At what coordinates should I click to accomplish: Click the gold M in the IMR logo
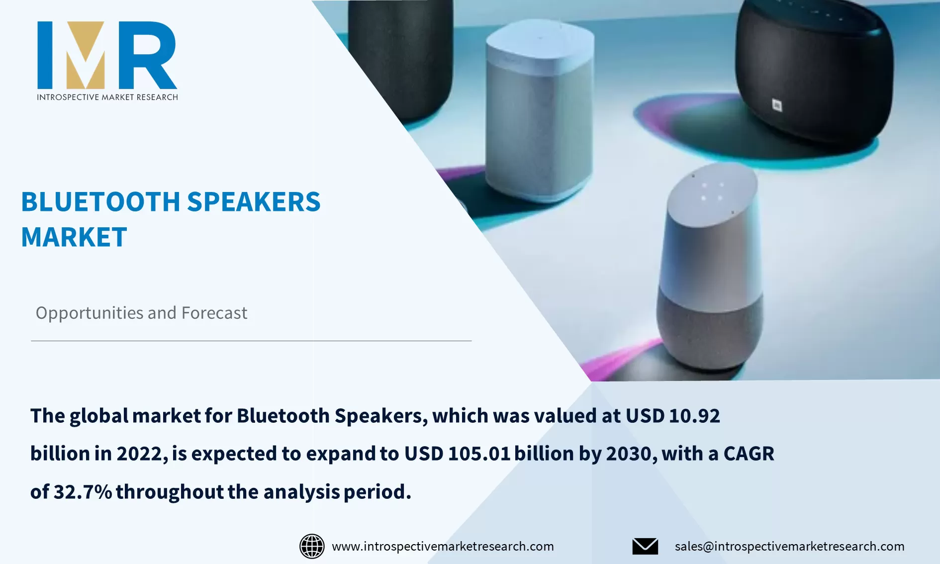coord(86,56)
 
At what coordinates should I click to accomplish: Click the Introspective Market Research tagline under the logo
coord(107,97)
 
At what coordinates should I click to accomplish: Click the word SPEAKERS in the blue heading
coord(254,202)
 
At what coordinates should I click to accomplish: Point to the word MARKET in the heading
coord(74,237)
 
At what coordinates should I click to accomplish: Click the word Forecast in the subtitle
coord(214,313)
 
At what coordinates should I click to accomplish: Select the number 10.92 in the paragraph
coord(694,416)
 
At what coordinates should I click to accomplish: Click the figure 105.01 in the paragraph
coord(479,454)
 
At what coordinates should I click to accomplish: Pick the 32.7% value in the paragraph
coord(83,492)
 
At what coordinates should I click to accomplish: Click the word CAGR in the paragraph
coord(749,454)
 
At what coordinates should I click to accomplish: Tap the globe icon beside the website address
coord(312,546)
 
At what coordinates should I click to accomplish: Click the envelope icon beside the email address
coord(645,546)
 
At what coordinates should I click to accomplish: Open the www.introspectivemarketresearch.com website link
coord(443,546)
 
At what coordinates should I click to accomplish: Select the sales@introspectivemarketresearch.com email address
coord(789,546)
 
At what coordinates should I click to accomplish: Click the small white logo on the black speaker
coord(777,105)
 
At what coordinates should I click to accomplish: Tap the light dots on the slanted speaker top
coord(712,191)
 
